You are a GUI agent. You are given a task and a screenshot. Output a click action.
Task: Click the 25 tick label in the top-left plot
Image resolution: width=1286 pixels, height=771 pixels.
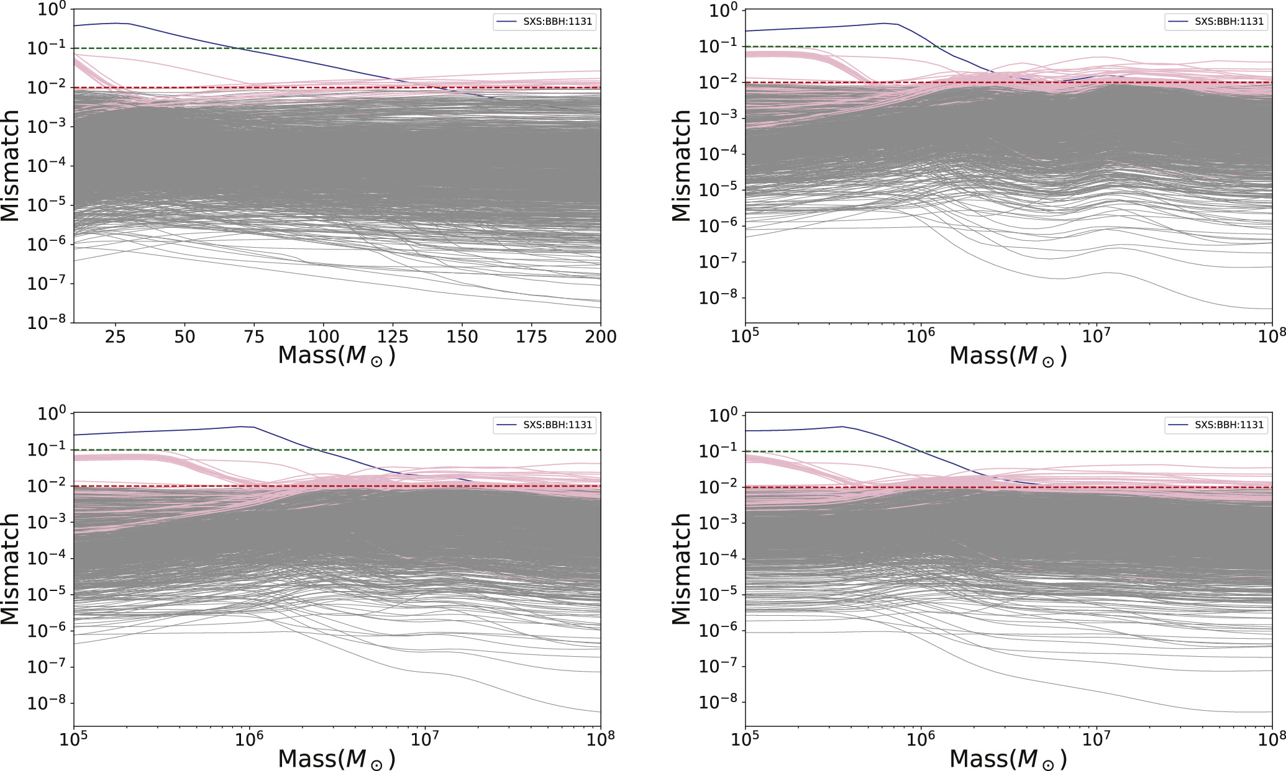(115, 337)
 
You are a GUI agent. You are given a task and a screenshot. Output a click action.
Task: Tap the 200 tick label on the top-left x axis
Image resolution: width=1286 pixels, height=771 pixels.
(601, 337)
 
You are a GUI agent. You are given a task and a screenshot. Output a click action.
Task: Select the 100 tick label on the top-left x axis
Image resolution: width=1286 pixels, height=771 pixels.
(324, 337)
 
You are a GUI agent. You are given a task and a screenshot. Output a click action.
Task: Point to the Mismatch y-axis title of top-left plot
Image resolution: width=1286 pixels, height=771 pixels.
(11, 166)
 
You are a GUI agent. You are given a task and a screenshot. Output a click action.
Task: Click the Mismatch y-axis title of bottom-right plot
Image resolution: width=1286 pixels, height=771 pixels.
(682, 569)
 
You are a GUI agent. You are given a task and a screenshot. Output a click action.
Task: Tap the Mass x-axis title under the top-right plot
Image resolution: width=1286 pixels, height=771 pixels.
(1008, 356)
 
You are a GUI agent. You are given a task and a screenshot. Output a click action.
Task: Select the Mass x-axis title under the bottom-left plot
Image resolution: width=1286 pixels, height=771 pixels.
(336, 759)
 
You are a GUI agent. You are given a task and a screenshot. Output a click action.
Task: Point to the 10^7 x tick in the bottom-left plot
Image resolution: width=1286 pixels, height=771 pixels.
(425, 740)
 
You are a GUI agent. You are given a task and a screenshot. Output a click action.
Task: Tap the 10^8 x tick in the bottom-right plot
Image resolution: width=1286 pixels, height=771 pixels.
(1272, 740)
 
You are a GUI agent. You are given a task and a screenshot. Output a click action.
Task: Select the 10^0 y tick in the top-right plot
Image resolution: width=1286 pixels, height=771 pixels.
(723, 11)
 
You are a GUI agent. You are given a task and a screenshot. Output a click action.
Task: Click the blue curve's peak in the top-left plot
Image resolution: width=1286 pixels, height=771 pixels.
(116, 23)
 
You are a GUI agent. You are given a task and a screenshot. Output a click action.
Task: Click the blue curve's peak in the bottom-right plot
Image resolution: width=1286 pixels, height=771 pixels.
(842, 426)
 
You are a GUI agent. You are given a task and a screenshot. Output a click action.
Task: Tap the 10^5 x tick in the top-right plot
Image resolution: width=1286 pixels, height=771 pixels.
(745, 337)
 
